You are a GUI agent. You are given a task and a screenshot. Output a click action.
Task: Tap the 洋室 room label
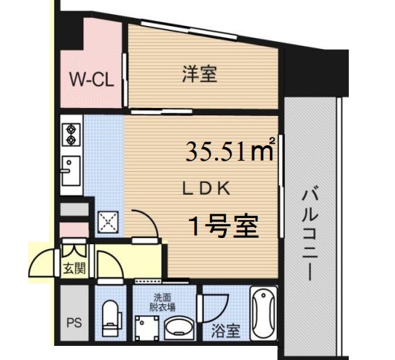(x=199, y=74)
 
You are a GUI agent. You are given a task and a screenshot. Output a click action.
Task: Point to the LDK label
(x=209, y=188)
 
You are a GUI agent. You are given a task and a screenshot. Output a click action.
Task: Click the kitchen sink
(x=71, y=175)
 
